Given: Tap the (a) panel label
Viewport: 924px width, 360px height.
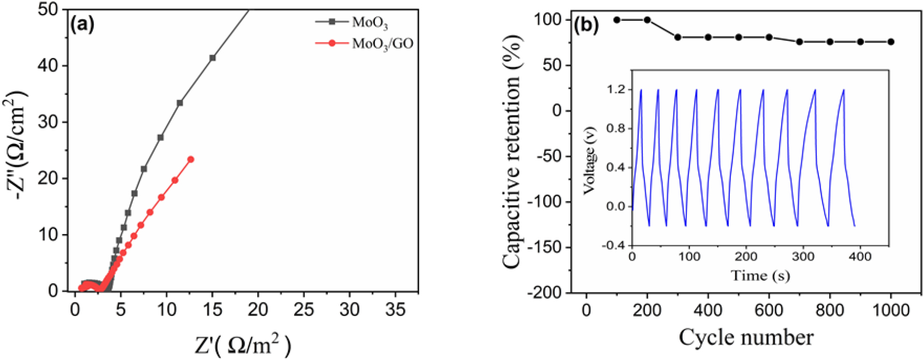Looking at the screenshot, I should pyautogui.click(x=83, y=24).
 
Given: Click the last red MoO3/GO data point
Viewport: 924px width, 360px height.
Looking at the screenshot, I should pyautogui.click(x=191, y=160).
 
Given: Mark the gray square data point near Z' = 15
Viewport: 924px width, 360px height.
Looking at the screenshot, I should pyautogui.click(x=212, y=58).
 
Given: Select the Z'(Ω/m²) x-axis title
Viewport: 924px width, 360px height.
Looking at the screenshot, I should pyautogui.click(x=243, y=344).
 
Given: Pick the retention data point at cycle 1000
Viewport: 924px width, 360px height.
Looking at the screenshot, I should pyautogui.click(x=891, y=42).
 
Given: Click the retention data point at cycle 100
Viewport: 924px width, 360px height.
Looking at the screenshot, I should pyautogui.click(x=616, y=20).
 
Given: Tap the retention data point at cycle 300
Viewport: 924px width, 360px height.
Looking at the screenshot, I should pyautogui.click(x=677, y=37).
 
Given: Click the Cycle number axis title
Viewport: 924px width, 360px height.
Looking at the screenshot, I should pyautogui.click(x=746, y=338).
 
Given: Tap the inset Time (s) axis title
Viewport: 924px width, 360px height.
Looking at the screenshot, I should pyautogui.click(x=760, y=276).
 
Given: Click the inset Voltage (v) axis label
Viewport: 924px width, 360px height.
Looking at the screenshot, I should pyautogui.click(x=589, y=160).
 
